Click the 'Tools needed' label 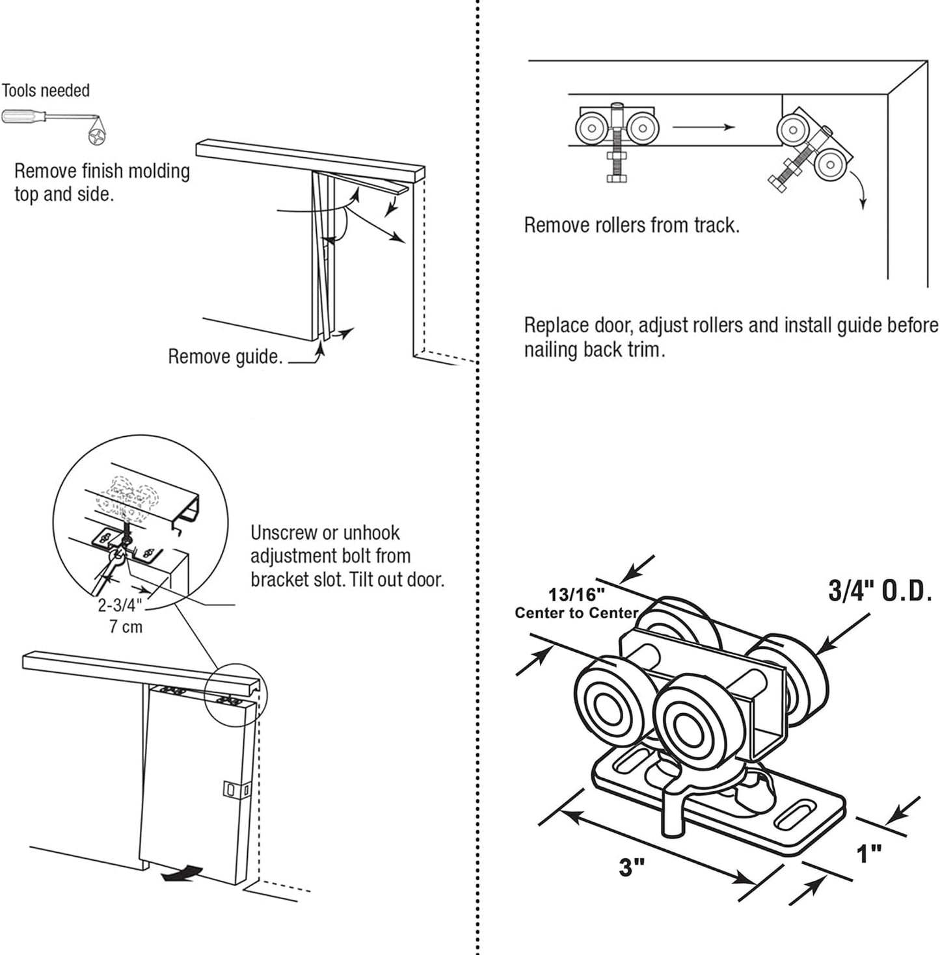pos(46,90)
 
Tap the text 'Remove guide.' pos(225,356)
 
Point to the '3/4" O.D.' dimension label pos(880,591)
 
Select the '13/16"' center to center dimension pos(576,594)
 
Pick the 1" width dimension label pos(868,854)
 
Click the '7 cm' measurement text pos(125,627)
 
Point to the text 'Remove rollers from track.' pos(632,226)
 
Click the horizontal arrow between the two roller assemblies pos(703,127)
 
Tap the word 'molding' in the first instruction pos(158,171)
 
